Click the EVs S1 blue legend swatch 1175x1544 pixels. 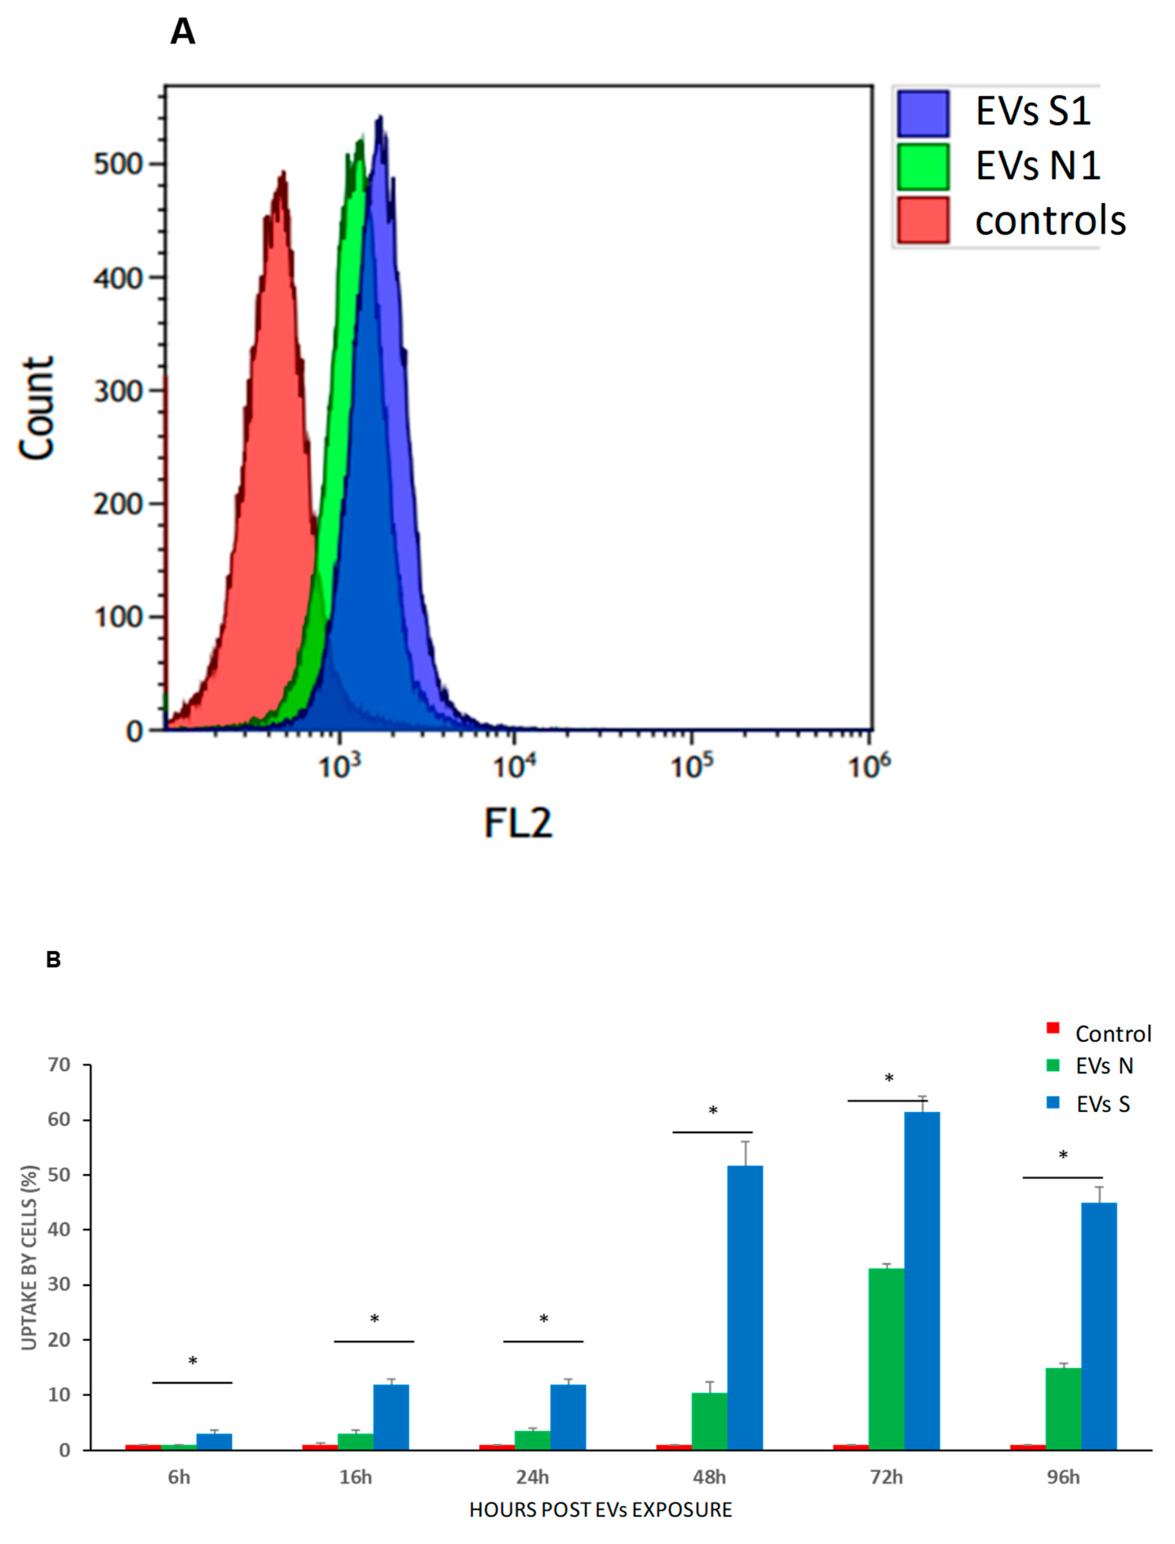tap(923, 113)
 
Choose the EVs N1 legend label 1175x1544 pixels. tap(1037, 166)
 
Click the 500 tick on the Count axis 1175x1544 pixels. tap(118, 165)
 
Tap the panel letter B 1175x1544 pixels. tap(53, 959)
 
